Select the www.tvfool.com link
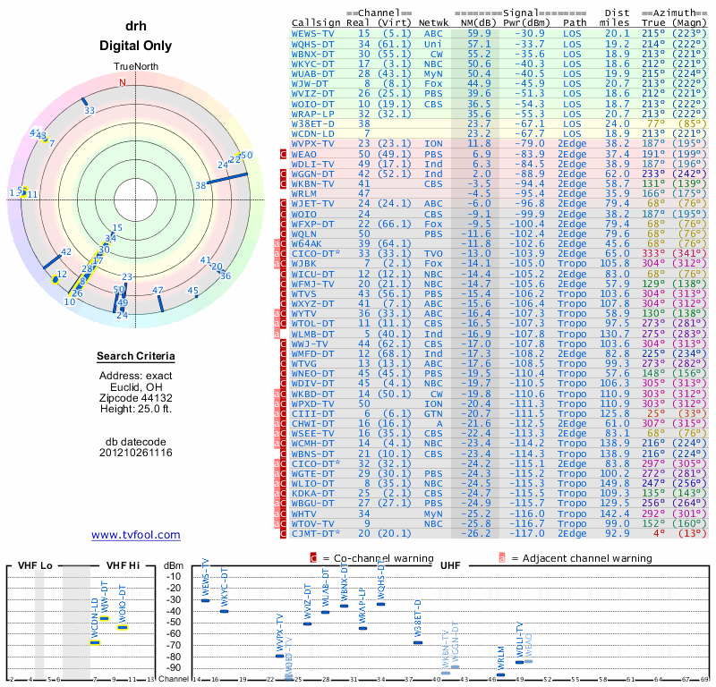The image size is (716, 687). click(135, 535)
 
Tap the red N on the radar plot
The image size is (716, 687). click(123, 82)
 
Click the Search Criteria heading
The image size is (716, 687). click(135, 357)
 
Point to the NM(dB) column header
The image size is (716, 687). click(473, 21)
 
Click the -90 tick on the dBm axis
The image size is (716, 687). click(173, 667)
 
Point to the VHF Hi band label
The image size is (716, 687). click(123, 565)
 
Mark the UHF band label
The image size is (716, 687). click(450, 565)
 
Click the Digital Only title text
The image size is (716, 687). click(135, 46)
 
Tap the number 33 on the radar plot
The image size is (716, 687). click(89, 111)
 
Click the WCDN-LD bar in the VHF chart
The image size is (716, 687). click(95, 642)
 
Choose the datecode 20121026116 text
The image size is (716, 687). click(135, 453)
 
